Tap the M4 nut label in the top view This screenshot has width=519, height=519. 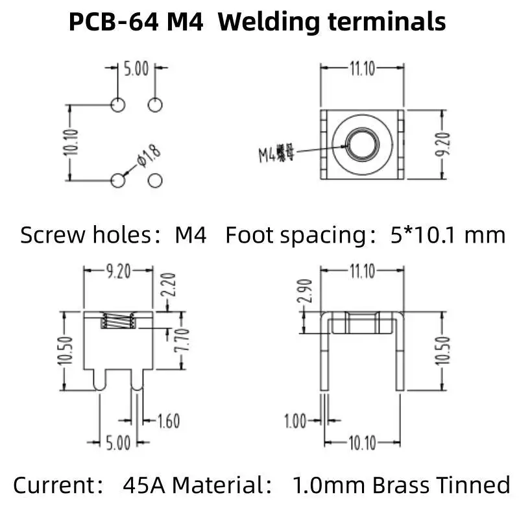point(272,154)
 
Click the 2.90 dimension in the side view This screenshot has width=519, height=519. point(308,290)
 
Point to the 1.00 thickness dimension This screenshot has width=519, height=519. point(295,422)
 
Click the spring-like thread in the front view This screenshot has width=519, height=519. point(119,321)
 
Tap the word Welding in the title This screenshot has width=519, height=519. point(273,22)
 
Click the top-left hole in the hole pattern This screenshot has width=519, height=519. point(118,104)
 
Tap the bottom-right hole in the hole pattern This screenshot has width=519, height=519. point(156,180)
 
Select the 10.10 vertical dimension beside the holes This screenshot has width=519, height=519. point(71,142)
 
